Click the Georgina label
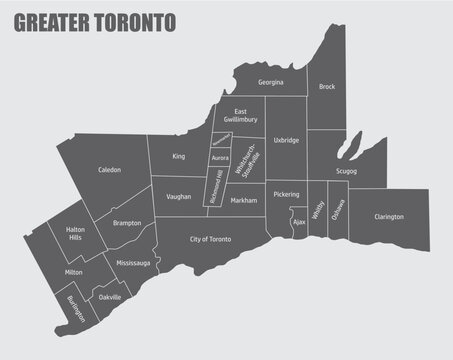pos(270,82)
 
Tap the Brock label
pos(327,87)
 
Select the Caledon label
pos(109,170)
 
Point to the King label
pos(178,157)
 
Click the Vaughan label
pos(180,197)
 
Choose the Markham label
pos(243,201)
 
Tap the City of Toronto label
pos(211,240)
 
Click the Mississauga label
pos(133,262)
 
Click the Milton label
pos(73,272)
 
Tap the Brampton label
pos(127,223)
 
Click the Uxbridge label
pos(287,141)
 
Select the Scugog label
pos(346,171)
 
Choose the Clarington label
pos(389,216)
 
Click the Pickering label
pos(286,194)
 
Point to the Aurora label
pos(221,158)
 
